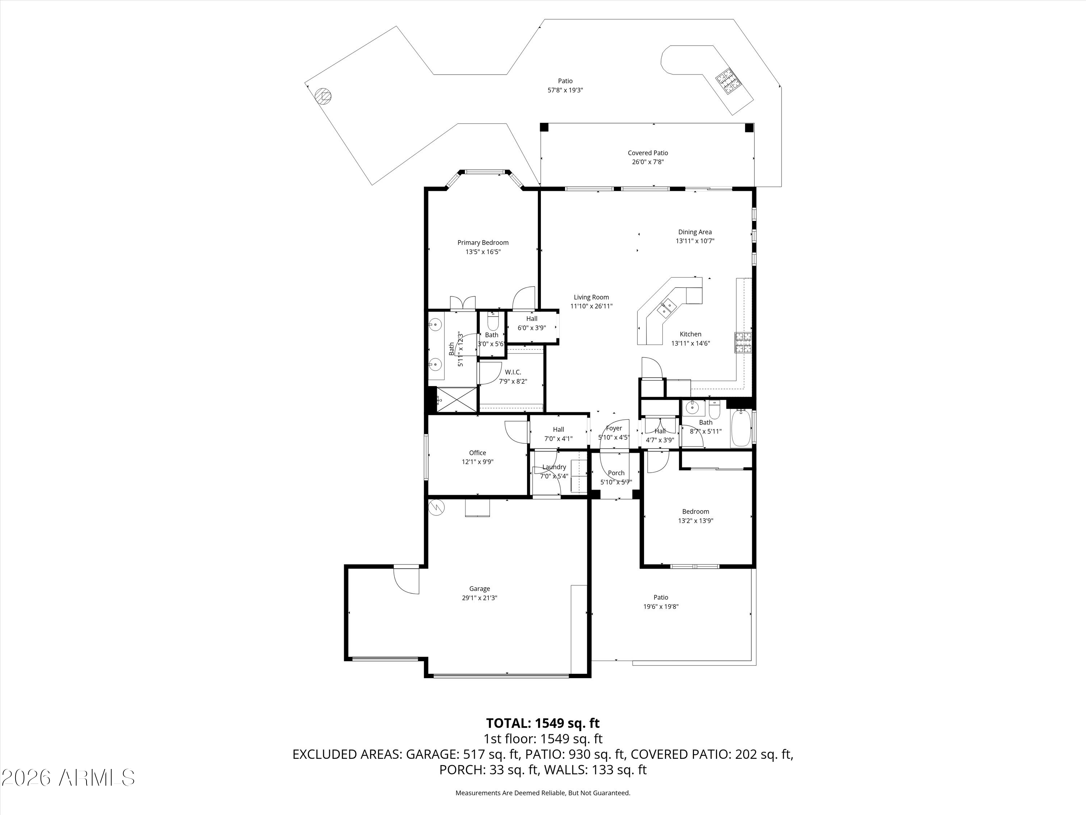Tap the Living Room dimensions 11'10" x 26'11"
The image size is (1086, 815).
pyautogui.click(x=591, y=306)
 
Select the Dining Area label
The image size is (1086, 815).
pyautogui.click(x=695, y=232)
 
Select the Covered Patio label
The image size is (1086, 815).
pyautogui.click(x=648, y=153)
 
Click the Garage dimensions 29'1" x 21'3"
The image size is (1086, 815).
pyautogui.click(x=479, y=598)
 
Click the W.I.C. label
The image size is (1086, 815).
pyautogui.click(x=513, y=372)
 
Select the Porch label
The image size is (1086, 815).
pyautogui.click(x=616, y=473)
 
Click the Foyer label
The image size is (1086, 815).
pyautogui.click(x=614, y=429)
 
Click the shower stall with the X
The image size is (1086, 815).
pyautogui.click(x=456, y=400)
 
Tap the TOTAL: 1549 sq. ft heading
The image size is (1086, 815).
pyautogui.click(x=543, y=723)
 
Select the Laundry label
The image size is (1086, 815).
pyautogui.click(x=554, y=467)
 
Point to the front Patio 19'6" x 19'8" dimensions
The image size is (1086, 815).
pyautogui.click(x=661, y=607)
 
